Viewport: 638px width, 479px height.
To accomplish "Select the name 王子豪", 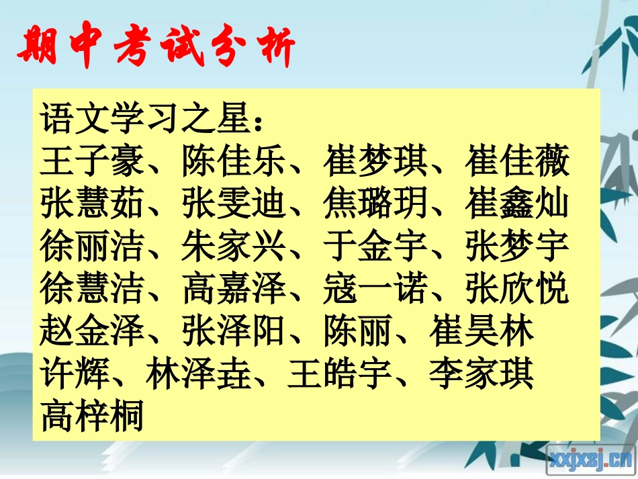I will point(92,162).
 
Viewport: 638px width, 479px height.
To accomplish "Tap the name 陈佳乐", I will point(234,162).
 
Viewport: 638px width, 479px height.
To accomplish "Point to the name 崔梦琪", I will point(375,162).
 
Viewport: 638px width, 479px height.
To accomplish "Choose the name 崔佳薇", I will point(517,162).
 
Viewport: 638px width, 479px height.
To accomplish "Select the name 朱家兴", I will point(234,246).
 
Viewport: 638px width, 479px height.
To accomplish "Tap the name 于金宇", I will point(375,246).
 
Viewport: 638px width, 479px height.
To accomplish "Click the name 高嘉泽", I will point(234,289).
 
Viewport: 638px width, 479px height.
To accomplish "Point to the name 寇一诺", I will point(375,289).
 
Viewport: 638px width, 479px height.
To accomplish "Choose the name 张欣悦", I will point(517,289).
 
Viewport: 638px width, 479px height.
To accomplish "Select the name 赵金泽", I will point(92,332).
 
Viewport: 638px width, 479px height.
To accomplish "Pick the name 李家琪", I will point(482,374).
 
